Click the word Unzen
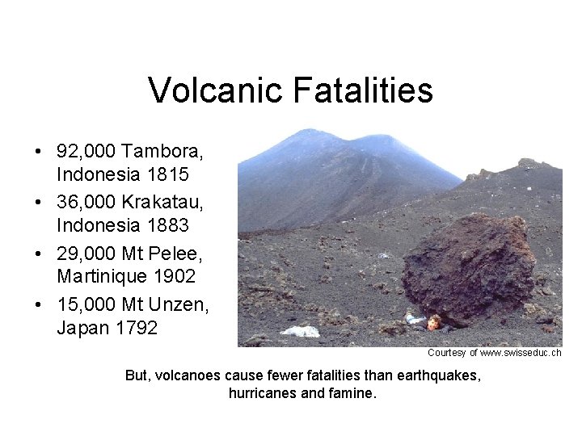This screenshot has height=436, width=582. pos(179,306)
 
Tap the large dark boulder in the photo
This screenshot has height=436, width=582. pos(469,270)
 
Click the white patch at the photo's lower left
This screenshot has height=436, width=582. pos(301,331)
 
